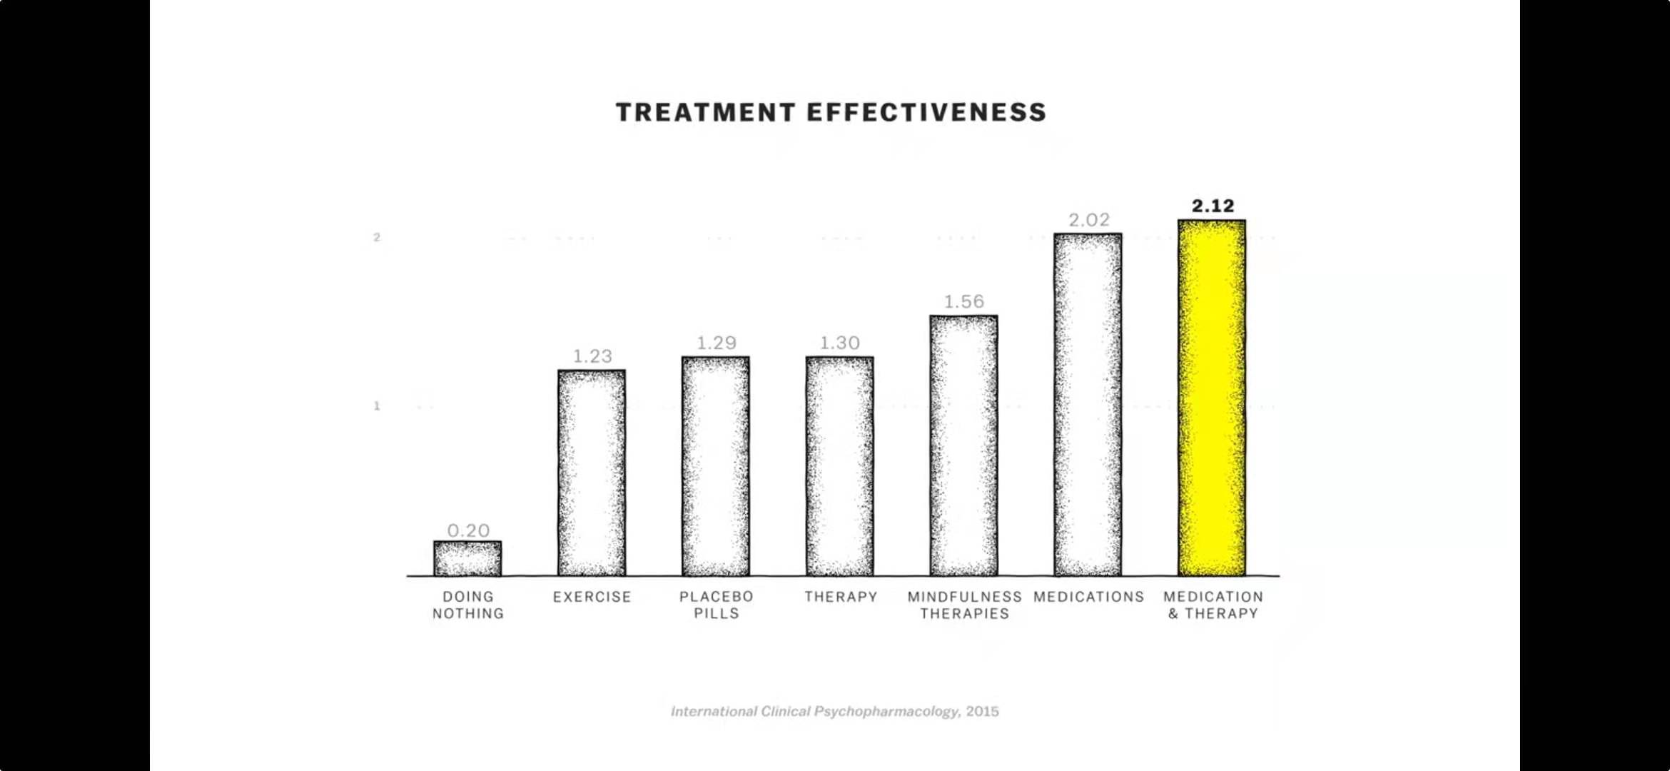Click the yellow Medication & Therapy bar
pos(1211,398)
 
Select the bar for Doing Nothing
pos(467,558)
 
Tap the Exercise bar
pos(592,473)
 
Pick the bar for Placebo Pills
pos(715,466)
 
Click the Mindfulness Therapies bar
pos(963,445)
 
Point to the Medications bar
pos(1088,404)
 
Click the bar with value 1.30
pos(839,466)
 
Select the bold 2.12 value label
pos(1213,206)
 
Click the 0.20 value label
pos(468,530)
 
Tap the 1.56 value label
pos(963,301)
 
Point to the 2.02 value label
pos(1088,220)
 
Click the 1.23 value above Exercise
pos(592,356)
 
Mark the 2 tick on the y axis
pos(377,237)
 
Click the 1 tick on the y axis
pos(377,406)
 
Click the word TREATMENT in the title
pos(705,112)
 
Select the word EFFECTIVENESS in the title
pos(926,112)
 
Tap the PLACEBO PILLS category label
pos(716,605)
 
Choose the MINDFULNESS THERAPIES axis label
pos(964,605)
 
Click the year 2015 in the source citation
pos(983,711)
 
